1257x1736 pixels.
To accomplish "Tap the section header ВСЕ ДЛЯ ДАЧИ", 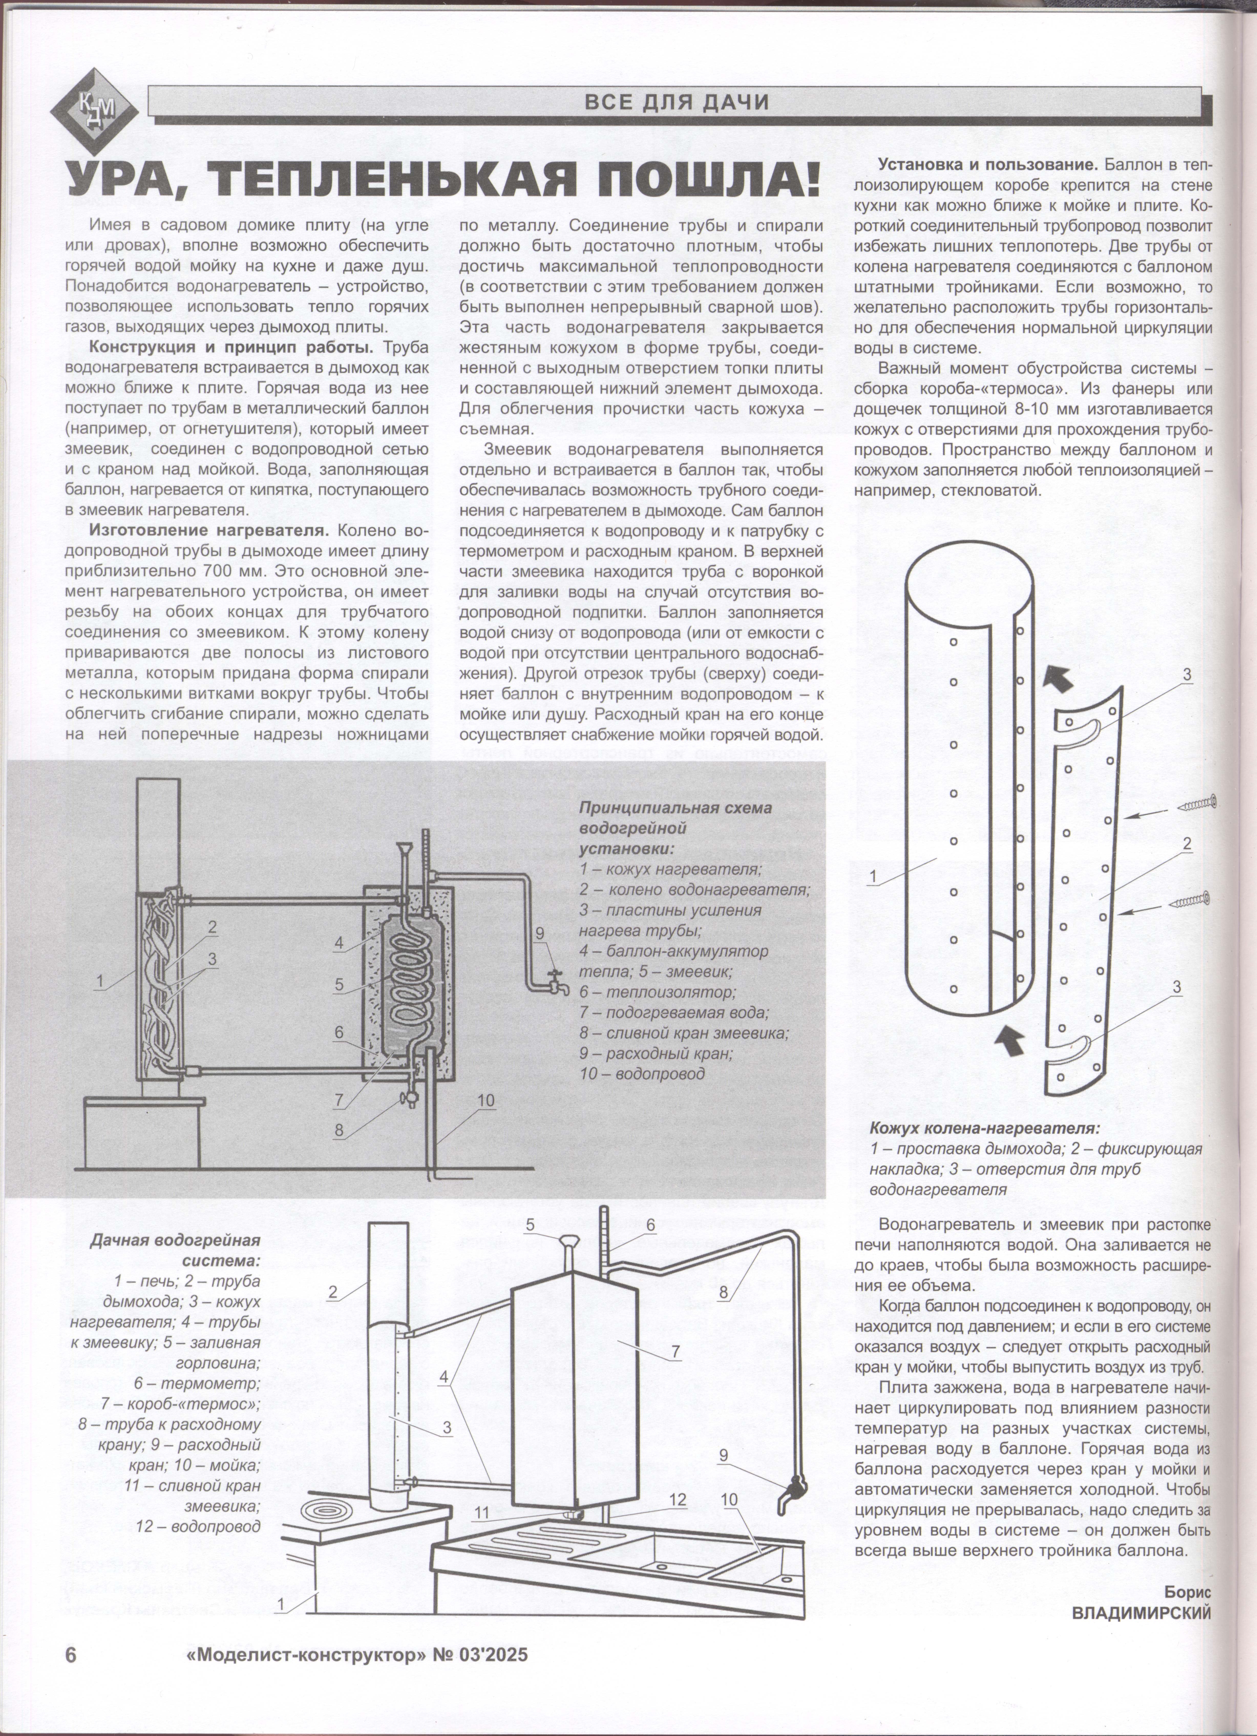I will [676, 102].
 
